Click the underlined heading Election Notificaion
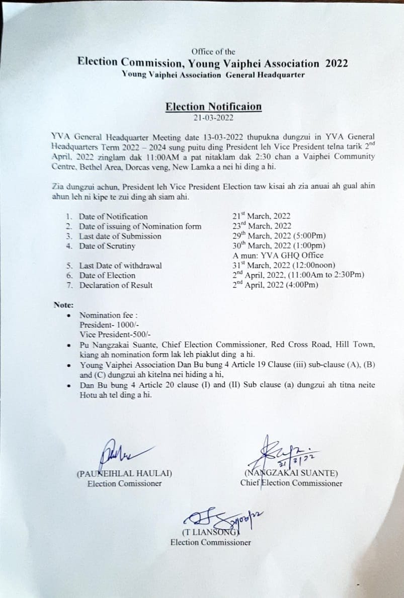[213, 107]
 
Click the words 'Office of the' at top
[213, 51]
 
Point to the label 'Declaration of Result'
[116, 285]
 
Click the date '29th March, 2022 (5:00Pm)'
[278, 236]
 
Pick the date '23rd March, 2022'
[262, 226]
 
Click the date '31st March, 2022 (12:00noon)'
[284, 266]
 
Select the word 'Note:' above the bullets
[63, 304]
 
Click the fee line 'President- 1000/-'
[106, 325]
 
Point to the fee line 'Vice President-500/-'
[115, 334]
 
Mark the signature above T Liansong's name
[221, 518]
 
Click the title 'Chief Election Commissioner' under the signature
[291, 483]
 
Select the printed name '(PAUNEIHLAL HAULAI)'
[124, 473]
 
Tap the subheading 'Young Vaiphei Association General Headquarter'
[213, 74]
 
